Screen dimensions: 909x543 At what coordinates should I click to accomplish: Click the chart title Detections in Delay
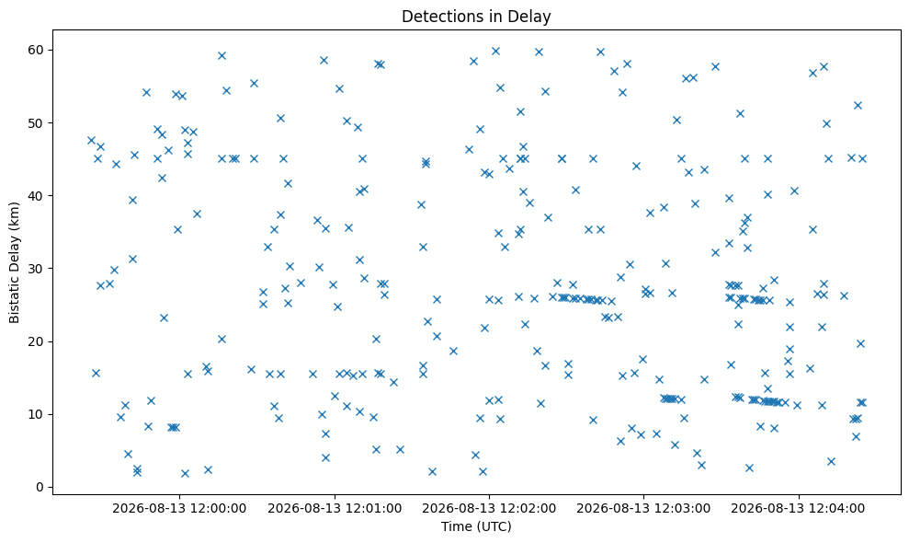(x=476, y=17)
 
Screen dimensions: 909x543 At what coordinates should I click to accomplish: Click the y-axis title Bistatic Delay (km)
(x=14, y=262)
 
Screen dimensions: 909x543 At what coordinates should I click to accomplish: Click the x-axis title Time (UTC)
(x=476, y=526)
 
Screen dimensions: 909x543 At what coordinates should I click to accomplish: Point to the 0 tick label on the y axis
(x=40, y=487)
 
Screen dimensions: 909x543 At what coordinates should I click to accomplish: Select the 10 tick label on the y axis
(x=37, y=415)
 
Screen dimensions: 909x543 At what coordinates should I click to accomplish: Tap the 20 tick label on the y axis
(x=37, y=341)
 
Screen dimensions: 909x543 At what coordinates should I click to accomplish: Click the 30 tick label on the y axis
(x=37, y=269)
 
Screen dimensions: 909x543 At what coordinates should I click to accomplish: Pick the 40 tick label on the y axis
(x=37, y=196)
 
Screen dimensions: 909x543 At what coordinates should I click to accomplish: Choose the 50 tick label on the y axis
(x=37, y=123)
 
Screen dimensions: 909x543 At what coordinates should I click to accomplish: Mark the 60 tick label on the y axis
(x=37, y=50)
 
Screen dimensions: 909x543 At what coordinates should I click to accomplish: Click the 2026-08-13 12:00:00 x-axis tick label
(x=179, y=509)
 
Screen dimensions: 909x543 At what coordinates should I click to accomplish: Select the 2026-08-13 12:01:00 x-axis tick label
(x=335, y=509)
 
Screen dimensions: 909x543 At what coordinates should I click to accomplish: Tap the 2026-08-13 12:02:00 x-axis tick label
(x=489, y=509)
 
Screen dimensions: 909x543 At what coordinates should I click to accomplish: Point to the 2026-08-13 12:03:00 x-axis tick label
(x=643, y=509)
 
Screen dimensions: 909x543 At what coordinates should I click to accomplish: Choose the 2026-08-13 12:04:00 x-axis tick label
(x=799, y=509)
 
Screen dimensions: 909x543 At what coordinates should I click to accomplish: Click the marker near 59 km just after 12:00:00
(x=222, y=56)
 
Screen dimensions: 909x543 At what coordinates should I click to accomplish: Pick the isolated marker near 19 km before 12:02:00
(x=453, y=351)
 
